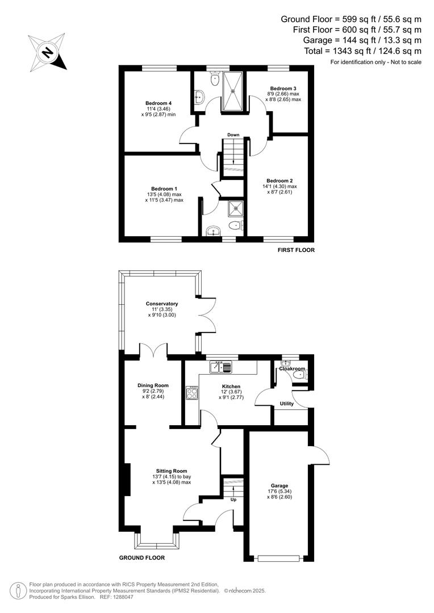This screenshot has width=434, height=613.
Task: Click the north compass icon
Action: (x=48, y=52)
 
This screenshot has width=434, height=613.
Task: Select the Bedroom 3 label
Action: (x=283, y=89)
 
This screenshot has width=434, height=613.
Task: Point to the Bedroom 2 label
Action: (x=279, y=181)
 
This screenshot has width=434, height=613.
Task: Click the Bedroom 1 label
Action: (x=164, y=188)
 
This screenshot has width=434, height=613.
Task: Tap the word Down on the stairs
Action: (x=233, y=135)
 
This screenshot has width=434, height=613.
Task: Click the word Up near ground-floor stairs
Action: (x=232, y=500)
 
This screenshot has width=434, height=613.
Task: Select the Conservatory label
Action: (x=162, y=304)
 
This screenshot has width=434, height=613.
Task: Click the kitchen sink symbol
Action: (x=222, y=367)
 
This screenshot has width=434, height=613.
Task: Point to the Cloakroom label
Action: (x=291, y=369)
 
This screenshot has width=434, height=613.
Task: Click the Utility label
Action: (x=287, y=404)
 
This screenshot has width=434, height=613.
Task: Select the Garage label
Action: (x=279, y=486)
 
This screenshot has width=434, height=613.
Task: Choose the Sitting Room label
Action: (x=172, y=471)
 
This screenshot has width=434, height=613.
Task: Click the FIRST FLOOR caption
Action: (x=296, y=250)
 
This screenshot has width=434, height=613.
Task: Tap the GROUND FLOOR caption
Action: (x=142, y=558)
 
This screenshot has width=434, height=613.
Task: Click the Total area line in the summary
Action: (x=363, y=52)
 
